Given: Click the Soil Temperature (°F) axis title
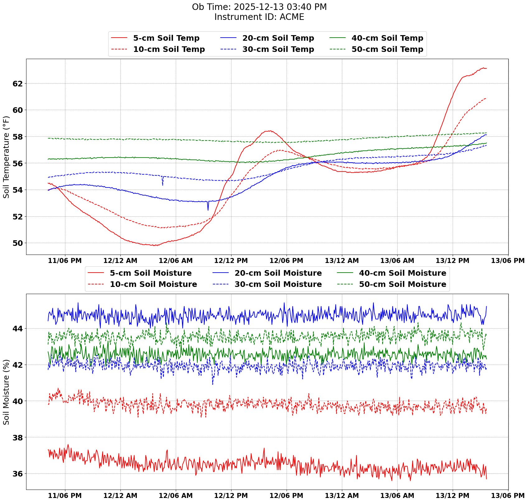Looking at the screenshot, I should pyautogui.click(x=6, y=157).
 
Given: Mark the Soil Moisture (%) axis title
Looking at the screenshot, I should pyautogui.click(x=6, y=392).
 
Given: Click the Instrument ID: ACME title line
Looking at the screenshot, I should pyautogui.click(x=259, y=17).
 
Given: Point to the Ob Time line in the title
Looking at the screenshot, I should pyautogui.click(x=259, y=7).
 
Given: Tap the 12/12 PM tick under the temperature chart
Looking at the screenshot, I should pyautogui.click(x=231, y=261).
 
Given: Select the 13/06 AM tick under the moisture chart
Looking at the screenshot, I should pyautogui.click(x=397, y=495).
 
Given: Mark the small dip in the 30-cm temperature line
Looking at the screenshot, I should pyautogui.click(x=162, y=184).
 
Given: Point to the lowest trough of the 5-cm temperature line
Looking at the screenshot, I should pyautogui.click(x=155, y=246).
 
